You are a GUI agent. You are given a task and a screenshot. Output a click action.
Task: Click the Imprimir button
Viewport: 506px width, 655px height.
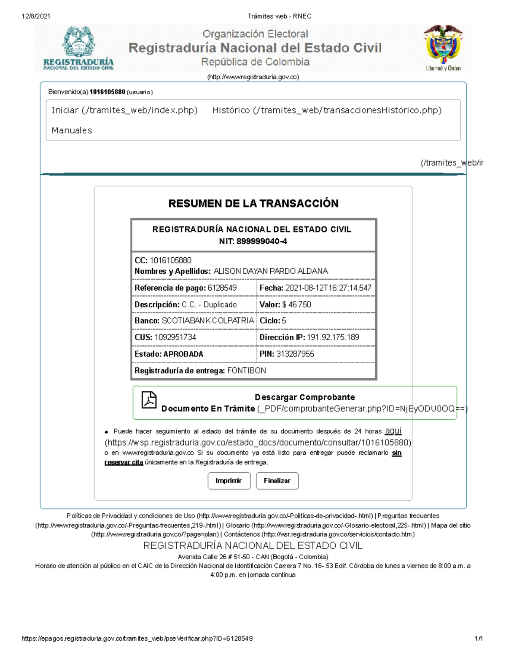(229, 481)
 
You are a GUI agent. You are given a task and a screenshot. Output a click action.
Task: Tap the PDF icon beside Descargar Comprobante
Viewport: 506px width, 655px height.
(149, 400)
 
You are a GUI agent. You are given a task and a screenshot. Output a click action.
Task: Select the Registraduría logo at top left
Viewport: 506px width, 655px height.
(78, 48)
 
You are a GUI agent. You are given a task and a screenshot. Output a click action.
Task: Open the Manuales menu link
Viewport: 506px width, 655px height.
(72, 131)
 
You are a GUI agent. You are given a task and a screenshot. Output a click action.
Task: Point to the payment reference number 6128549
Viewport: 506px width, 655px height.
(222, 288)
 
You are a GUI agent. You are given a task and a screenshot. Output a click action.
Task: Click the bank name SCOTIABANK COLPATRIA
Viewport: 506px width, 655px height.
(208, 321)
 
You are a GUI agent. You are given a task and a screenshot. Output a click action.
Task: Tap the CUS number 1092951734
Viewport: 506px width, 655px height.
(175, 337)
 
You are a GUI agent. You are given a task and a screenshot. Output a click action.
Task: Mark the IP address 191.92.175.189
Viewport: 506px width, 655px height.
(333, 337)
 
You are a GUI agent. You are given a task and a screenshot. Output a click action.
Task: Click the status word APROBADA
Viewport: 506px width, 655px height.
(183, 354)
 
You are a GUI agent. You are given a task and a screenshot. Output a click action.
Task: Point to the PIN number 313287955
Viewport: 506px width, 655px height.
(295, 354)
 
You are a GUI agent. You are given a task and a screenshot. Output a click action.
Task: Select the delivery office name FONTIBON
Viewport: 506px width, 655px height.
(247, 371)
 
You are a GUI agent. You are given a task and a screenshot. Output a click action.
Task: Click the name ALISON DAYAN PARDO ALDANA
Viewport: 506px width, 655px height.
(271, 271)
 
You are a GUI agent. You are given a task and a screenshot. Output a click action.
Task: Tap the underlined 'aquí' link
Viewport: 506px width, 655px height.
(393, 431)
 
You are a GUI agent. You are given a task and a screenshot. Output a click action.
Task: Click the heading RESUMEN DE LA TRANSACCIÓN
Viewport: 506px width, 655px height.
(253, 204)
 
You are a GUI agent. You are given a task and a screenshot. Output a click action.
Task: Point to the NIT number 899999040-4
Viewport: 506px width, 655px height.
(262, 242)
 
